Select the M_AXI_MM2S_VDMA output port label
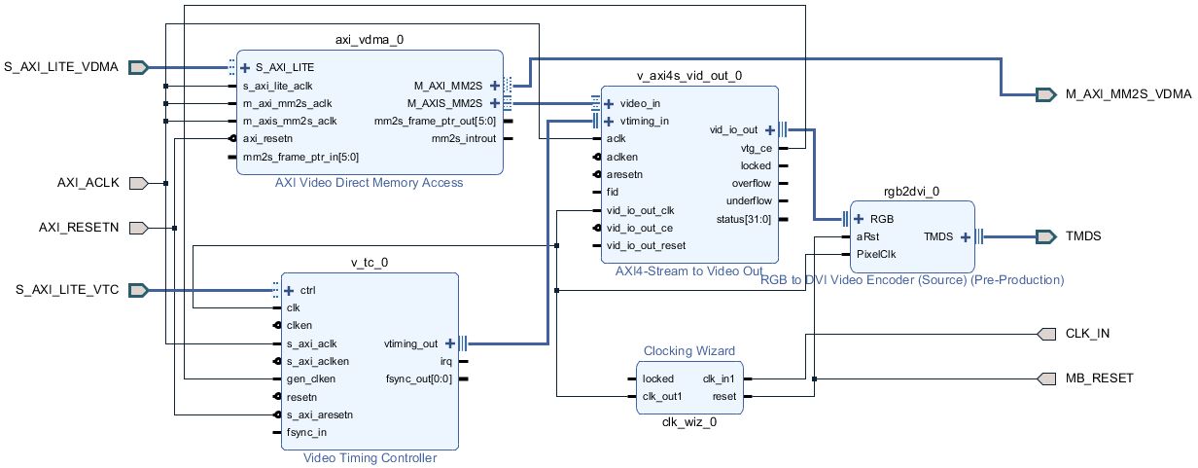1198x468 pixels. click(x=1127, y=94)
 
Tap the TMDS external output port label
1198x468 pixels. click(x=1085, y=236)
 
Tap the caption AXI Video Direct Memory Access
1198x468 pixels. click(x=369, y=183)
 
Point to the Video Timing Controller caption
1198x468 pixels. click(x=370, y=458)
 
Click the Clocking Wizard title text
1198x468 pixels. click(x=689, y=350)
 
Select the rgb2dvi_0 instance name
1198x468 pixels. click(x=911, y=193)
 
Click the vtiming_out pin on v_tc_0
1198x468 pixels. click(x=412, y=343)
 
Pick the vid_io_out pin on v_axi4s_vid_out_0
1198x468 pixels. click(x=734, y=129)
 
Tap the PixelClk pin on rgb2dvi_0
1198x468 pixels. click(x=876, y=254)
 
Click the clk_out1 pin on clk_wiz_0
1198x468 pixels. click(x=662, y=396)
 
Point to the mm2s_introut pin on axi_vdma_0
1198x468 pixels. click(x=463, y=139)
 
